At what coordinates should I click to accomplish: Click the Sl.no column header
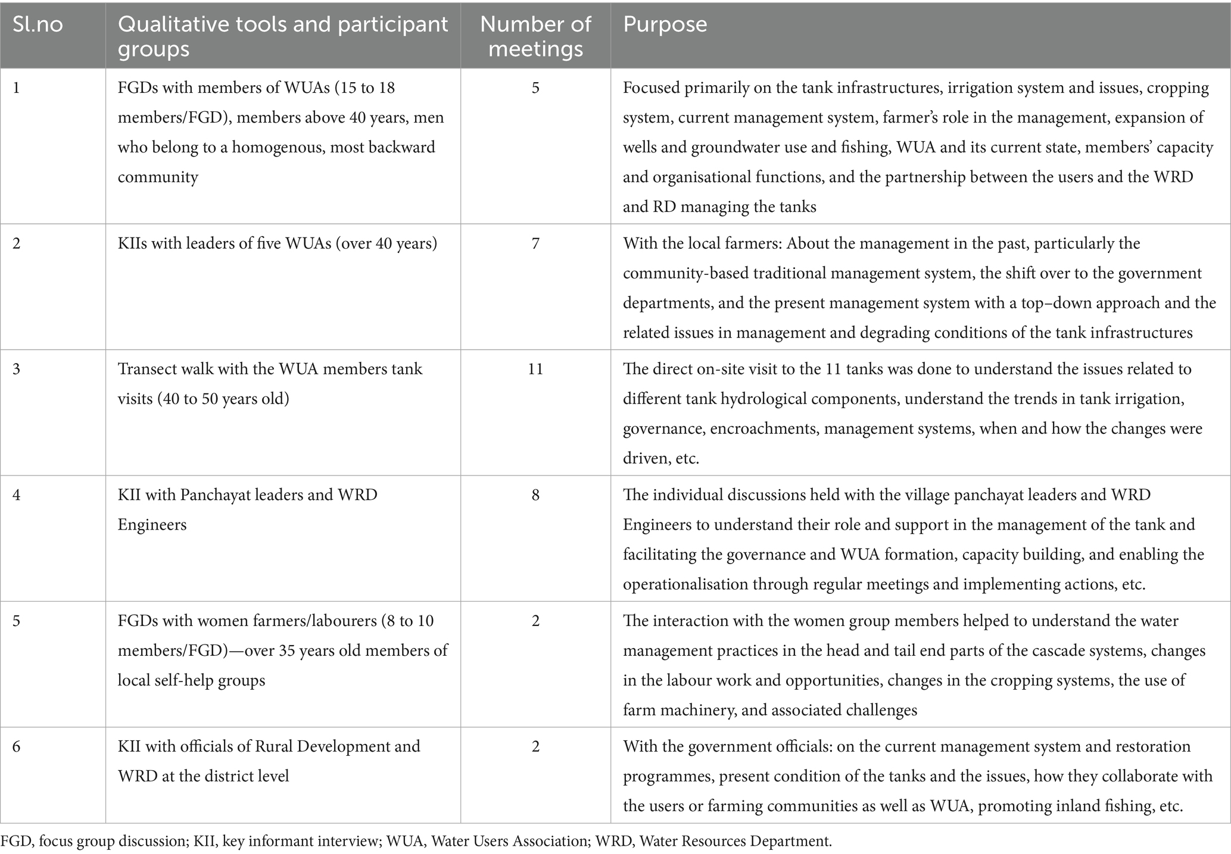[38, 25]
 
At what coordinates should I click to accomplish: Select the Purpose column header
[665, 25]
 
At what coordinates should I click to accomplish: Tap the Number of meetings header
[535, 36]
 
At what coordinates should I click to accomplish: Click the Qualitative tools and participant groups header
[282, 36]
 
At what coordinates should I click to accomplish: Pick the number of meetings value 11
[535, 369]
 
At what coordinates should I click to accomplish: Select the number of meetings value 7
[535, 243]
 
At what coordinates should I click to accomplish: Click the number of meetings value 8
[535, 495]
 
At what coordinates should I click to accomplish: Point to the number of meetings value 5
[535, 88]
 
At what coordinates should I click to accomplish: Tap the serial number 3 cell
[17, 369]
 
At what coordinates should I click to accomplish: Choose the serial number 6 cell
[17, 746]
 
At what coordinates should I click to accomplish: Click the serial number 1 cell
[17, 88]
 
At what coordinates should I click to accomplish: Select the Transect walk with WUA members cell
[270, 383]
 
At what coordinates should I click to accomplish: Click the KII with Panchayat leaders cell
[247, 509]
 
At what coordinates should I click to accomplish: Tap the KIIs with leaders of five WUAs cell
[277, 243]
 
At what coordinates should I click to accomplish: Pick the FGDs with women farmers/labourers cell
[282, 650]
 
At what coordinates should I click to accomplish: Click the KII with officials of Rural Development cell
[269, 761]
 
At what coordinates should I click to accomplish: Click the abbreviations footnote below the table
[416, 841]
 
